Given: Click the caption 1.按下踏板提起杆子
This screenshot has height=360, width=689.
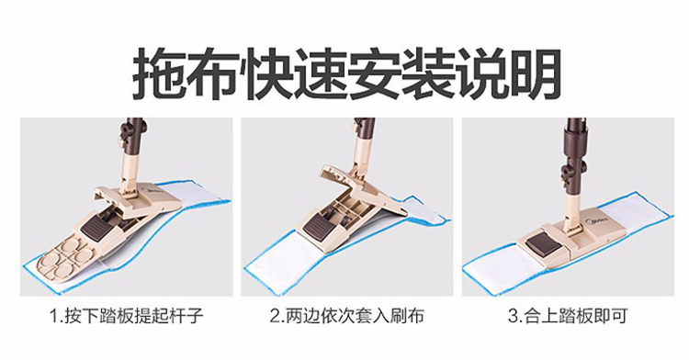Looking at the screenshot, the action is coord(126,316).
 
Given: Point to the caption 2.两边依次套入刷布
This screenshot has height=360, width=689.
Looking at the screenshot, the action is coord(346,316).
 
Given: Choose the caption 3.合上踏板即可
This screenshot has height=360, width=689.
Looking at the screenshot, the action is coord(568,316).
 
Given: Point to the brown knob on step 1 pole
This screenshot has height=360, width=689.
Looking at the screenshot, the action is coord(128,132).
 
